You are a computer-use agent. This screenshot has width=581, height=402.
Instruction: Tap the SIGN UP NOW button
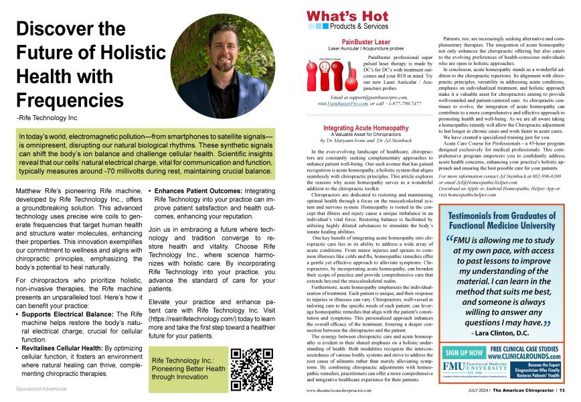(465, 352)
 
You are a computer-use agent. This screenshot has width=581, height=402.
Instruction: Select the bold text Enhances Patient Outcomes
(197, 191)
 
